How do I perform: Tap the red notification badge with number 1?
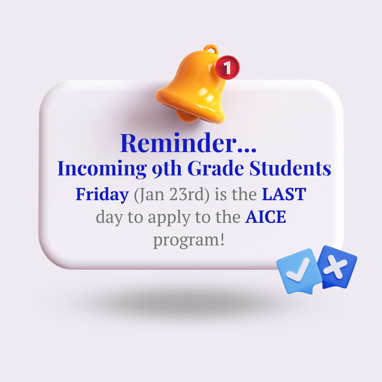coord(227,68)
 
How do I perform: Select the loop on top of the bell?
coord(211,49)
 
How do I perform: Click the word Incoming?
coord(102,169)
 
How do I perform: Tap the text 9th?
coord(167,169)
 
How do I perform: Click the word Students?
coord(290,169)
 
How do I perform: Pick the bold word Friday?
coord(102,195)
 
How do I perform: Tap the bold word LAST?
coord(284,195)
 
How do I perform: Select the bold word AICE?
coord(265,217)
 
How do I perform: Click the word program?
coord(189,240)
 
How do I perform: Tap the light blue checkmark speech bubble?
coord(299,270)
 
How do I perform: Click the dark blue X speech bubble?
coord(338,266)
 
